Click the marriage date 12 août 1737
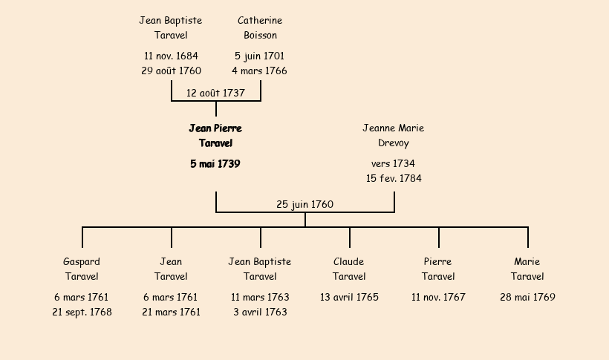click(x=215, y=94)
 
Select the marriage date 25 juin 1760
click(x=304, y=205)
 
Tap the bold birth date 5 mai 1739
click(x=215, y=164)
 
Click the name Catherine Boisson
click(x=260, y=27)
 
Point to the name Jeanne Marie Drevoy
click(x=394, y=135)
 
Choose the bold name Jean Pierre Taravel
click(x=215, y=135)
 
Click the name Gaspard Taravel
click(x=82, y=269)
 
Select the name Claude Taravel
click(x=349, y=269)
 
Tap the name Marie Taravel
click(x=527, y=269)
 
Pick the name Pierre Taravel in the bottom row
click(x=438, y=269)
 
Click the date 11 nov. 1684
click(x=171, y=56)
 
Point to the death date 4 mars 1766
click(x=259, y=71)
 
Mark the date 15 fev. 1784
click(x=394, y=179)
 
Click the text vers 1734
click(x=393, y=164)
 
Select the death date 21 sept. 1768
click(x=82, y=312)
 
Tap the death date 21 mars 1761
click(x=171, y=312)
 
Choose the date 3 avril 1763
click(x=260, y=312)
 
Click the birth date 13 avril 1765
click(x=349, y=298)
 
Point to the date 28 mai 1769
click(x=527, y=298)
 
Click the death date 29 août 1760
click(x=171, y=71)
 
